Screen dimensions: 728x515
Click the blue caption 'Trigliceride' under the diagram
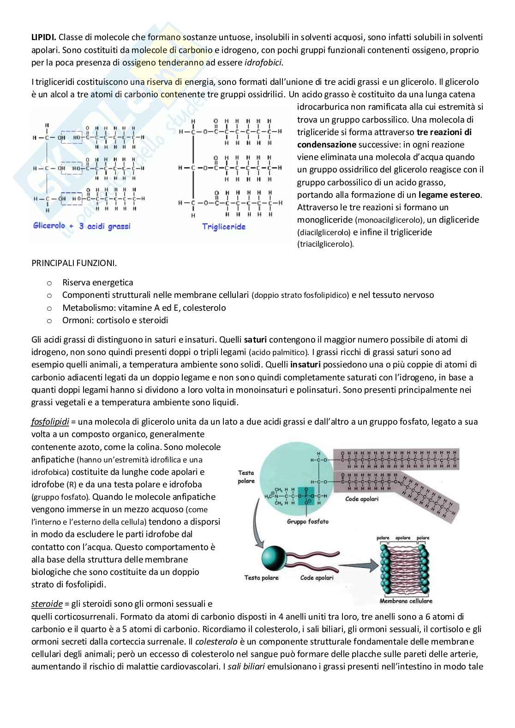pyautogui.click(x=224, y=226)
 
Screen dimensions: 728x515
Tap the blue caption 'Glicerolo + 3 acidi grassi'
pyautogui.click(x=81, y=226)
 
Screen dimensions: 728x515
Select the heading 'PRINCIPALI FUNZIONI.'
pyautogui.click(x=74, y=263)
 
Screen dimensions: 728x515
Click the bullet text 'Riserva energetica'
pyautogui.click(x=97, y=283)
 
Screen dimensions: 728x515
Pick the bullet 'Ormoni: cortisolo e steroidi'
pyautogui.click(x=115, y=320)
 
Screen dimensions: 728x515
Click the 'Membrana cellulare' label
pyautogui.click(x=406, y=601)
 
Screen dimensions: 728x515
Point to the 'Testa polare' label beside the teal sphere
pyautogui.click(x=262, y=578)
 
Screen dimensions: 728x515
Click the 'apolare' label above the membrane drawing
pyautogui.click(x=403, y=538)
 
